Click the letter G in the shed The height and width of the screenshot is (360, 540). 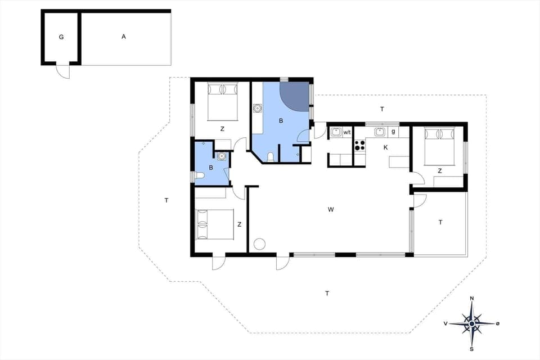[x=61, y=37]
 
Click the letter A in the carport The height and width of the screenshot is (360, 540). [x=124, y=37]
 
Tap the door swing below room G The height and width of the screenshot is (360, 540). [x=63, y=72]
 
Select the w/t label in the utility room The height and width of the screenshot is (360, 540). [x=347, y=132]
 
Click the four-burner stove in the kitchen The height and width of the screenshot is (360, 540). [x=359, y=145]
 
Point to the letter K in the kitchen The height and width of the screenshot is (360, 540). [x=385, y=147]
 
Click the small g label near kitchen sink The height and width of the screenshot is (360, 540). [x=393, y=132]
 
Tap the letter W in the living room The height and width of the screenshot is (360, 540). [x=331, y=210]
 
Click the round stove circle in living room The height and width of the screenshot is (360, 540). [x=259, y=244]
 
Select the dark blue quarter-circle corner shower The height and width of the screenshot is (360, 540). [x=296, y=96]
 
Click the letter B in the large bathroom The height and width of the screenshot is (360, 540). [x=281, y=120]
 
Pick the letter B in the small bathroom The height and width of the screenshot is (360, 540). [x=211, y=168]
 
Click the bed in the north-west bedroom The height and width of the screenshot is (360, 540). [x=222, y=101]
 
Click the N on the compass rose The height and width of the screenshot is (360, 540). [x=471, y=298]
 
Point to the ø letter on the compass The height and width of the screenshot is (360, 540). [x=497, y=323]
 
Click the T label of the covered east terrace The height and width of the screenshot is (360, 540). [x=440, y=223]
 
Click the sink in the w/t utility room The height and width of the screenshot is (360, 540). [x=336, y=132]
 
